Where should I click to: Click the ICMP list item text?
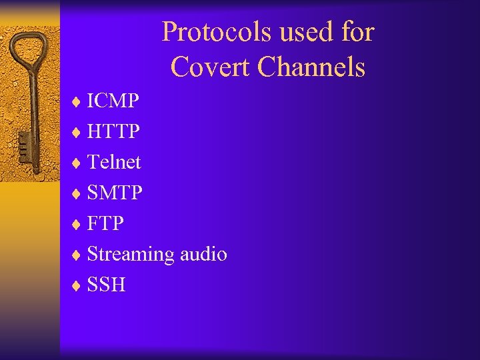(x=113, y=101)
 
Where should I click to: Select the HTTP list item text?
(x=113, y=131)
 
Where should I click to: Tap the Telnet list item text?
(x=114, y=162)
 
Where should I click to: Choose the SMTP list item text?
(x=115, y=193)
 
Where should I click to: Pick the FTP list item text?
(x=105, y=223)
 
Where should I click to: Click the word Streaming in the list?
(x=131, y=255)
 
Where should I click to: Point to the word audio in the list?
(x=203, y=254)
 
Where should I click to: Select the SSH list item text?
(x=106, y=285)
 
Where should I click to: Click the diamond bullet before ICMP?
(x=77, y=102)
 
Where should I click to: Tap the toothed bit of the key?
(x=23, y=148)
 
